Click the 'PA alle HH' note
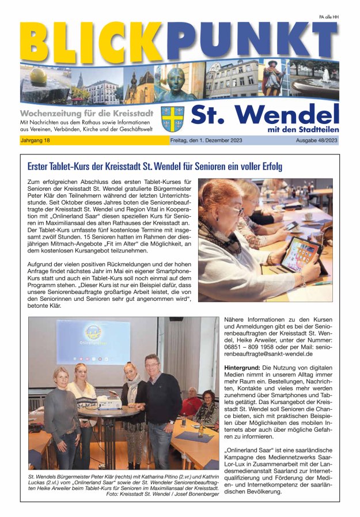329,17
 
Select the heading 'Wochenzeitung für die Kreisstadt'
84,112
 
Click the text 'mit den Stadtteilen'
303,129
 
